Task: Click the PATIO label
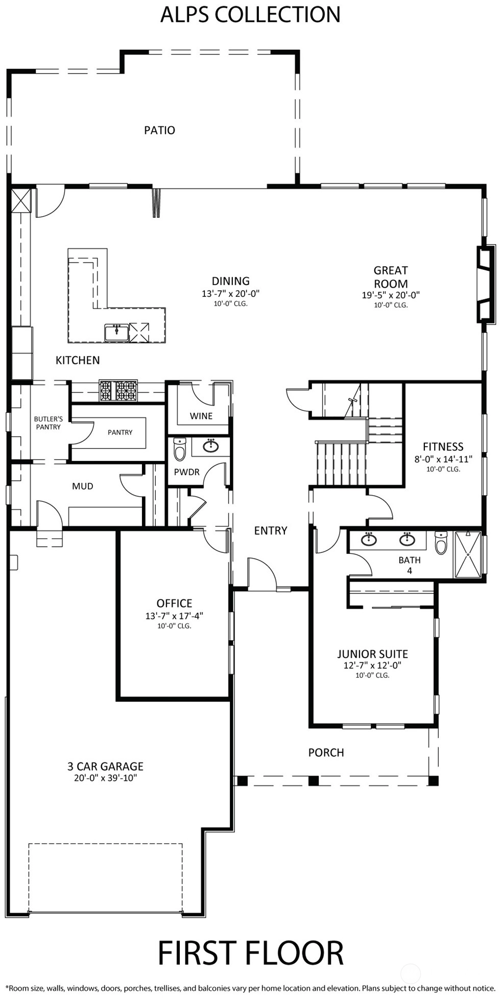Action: tap(159, 130)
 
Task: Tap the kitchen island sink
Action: tap(116, 332)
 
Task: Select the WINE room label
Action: tap(201, 416)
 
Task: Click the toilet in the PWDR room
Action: tap(180, 449)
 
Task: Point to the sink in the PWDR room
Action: tap(211, 446)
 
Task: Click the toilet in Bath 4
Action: tap(441, 543)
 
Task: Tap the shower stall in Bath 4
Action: tap(468, 555)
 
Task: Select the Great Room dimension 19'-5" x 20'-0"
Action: tap(391, 295)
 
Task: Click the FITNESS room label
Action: tap(443, 447)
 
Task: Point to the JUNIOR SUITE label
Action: tap(372, 654)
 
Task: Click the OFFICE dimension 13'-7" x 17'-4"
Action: tap(174, 616)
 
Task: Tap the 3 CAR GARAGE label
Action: tap(105, 766)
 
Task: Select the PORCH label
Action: tap(326, 752)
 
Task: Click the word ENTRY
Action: tap(271, 531)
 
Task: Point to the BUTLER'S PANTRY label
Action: tap(49, 423)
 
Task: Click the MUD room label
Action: tap(83, 486)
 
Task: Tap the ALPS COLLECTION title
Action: tap(250, 14)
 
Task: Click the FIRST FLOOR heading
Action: tap(250, 953)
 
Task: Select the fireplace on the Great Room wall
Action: tap(486, 285)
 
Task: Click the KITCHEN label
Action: tap(78, 360)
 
